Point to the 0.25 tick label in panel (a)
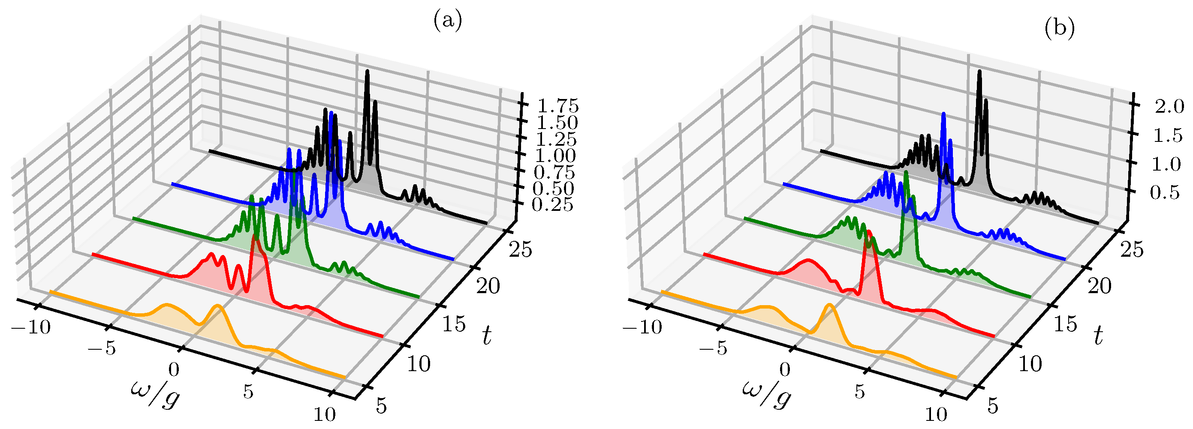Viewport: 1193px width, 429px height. pyautogui.click(x=552, y=204)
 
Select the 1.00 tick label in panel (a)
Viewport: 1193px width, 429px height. pyautogui.click(x=554, y=156)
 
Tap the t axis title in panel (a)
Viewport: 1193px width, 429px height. pyautogui.click(x=486, y=336)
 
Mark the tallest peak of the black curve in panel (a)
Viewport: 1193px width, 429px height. pyautogui.click(x=367, y=71)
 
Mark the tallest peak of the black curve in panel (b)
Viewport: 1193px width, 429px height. pyautogui.click(x=979, y=71)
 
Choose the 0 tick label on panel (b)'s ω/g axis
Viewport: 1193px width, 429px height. pyautogui.click(x=784, y=369)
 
